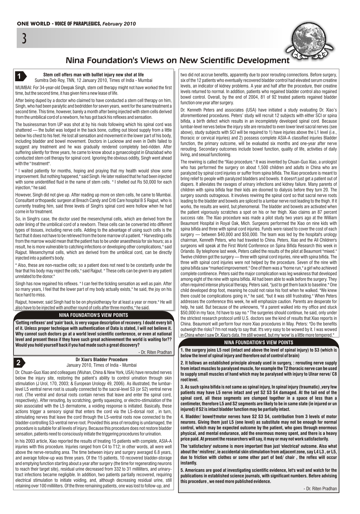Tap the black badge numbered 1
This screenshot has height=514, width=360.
(20, 77)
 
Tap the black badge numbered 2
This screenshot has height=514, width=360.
(20, 363)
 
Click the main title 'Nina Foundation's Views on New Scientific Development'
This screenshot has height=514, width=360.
(177, 61)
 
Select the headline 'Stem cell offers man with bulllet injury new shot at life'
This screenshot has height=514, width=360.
(93, 75)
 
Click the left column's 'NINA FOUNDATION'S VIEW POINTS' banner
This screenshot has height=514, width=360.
(93, 315)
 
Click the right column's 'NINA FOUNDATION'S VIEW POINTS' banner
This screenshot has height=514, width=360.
(258, 342)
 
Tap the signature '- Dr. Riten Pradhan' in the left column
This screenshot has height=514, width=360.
(155, 353)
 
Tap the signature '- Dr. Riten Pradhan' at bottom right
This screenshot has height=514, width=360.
(320, 489)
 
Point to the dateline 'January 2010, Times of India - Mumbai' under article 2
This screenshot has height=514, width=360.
(101, 365)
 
